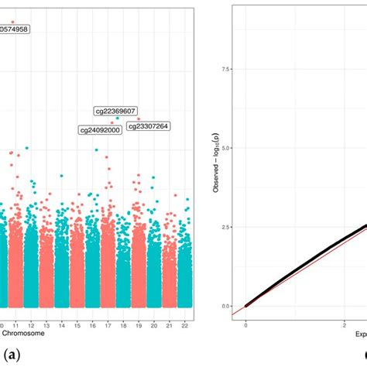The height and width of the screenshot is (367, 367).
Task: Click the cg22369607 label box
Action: (x=115, y=111)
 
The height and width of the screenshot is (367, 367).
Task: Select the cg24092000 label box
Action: (x=100, y=130)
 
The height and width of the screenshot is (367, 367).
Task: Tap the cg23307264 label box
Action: (x=149, y=125)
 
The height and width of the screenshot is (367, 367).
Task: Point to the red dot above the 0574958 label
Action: (x=13, y=22)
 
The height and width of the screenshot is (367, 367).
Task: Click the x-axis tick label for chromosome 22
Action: (x=184, y=326)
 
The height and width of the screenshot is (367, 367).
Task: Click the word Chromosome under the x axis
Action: (x=22, y=334)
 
